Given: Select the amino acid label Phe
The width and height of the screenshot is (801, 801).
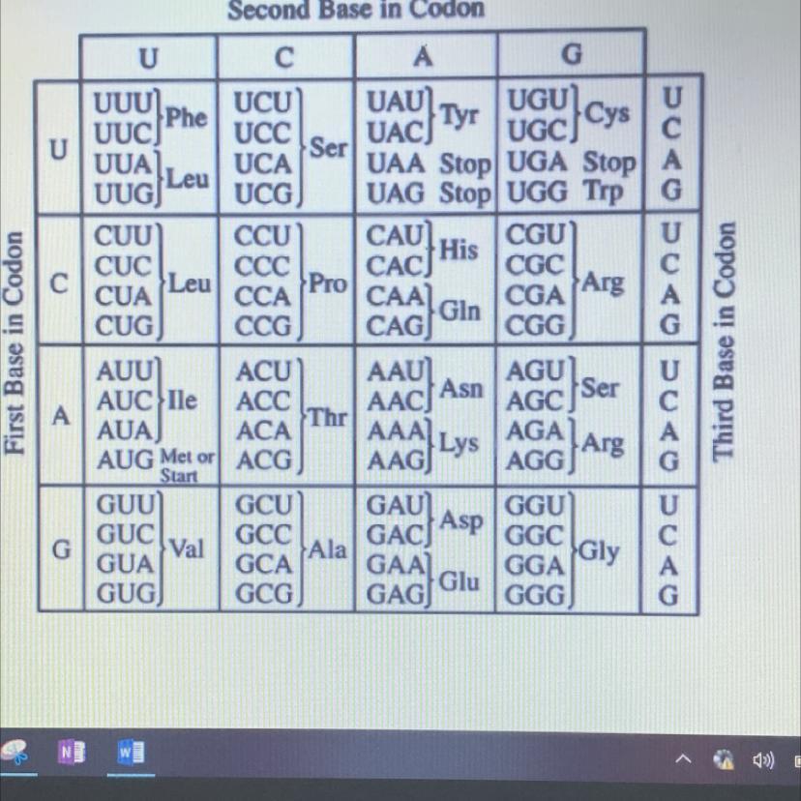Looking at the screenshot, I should point(187,117).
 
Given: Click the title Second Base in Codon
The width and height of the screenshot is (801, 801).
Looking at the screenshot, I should point(355,10).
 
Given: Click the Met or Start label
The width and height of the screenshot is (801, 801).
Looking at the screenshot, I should point(187,464).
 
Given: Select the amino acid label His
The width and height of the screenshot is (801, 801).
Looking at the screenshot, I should point(459,250).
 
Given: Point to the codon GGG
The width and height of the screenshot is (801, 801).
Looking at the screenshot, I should point(535,596).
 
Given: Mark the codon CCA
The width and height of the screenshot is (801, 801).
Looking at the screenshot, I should point(263,296).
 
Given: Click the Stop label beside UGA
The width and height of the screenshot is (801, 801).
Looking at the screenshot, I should point(608,163).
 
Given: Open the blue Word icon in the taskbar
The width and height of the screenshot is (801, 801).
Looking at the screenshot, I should point(132,752).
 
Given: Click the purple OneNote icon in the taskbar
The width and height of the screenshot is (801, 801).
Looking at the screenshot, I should point(71,752).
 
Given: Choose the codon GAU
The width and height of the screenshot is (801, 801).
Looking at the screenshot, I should point(396,506).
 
